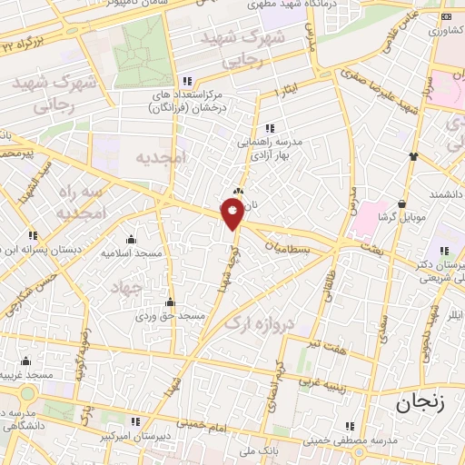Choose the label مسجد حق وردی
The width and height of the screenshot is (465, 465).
171,316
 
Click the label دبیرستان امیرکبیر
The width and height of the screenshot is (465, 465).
137,435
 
